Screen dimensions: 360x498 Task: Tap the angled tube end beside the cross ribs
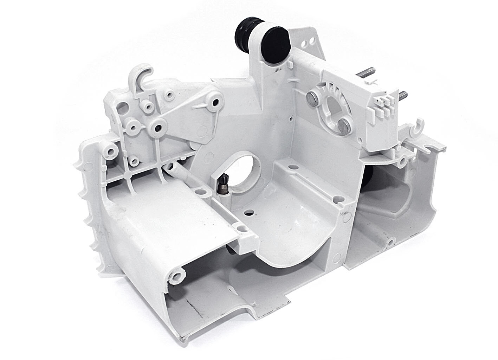point(171,167)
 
